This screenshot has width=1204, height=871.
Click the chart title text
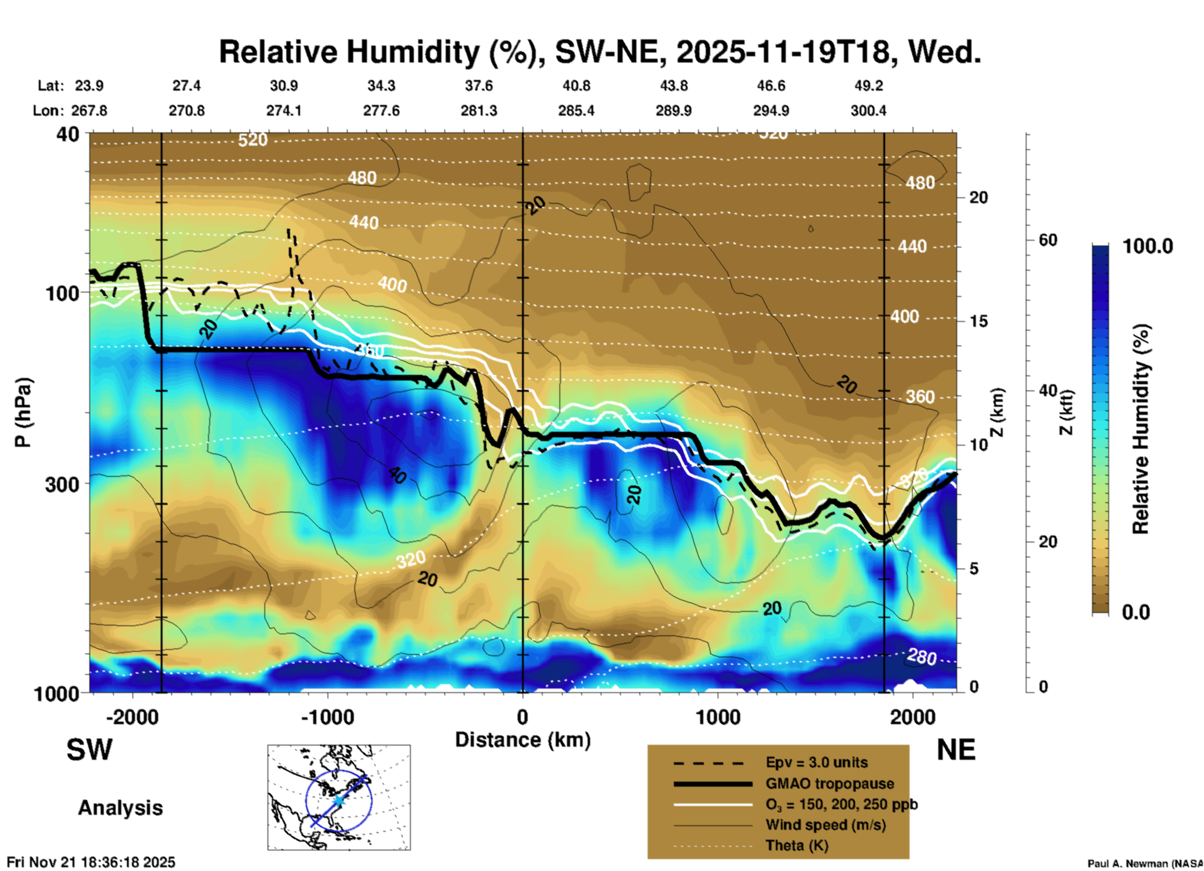599,52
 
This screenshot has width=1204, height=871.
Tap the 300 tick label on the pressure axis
62,484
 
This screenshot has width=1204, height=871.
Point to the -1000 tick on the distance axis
327,717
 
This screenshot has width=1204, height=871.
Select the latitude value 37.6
479,86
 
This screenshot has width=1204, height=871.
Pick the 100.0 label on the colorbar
1148,246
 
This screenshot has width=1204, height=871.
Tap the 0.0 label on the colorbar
1136,612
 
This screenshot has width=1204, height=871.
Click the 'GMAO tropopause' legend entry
830,784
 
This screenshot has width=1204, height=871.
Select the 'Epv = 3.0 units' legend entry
816,762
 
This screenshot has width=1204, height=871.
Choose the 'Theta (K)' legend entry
796,845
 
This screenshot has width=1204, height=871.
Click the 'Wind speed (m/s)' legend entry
825,825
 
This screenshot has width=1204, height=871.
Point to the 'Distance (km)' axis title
523,740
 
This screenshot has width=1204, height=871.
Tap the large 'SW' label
89,750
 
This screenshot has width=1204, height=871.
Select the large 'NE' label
956,750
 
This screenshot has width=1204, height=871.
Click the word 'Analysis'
120,808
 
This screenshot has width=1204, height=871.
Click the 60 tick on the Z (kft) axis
1048,240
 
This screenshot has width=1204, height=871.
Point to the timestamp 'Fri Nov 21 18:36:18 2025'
91,862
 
